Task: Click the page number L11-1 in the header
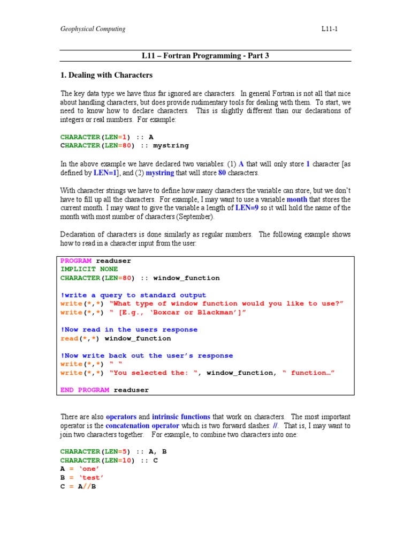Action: pos(329,29)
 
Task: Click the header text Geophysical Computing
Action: pos(93,29)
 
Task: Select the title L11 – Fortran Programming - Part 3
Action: pos(205,56)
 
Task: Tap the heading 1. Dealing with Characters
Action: pos(106,75)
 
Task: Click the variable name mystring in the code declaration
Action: pos(171,145)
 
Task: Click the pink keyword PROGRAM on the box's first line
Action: pos(75,261)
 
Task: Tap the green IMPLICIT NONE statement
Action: pos(89,269)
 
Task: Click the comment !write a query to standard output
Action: pos(133,295)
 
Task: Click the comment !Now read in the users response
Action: pos(129,330)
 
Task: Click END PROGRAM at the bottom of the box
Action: pos(85,390)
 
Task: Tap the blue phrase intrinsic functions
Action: pos(181,417)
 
